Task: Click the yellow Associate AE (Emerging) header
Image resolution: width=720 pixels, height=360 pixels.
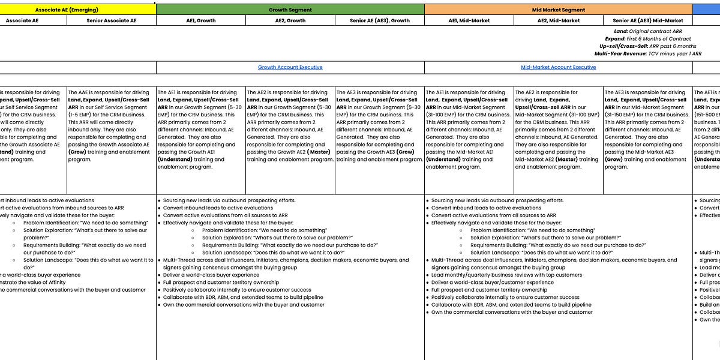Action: pos(67,10)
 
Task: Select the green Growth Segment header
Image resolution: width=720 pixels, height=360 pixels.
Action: pos(290,10)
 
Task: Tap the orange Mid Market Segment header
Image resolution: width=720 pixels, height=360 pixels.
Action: pos(558,10)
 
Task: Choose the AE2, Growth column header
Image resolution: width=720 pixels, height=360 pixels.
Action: pos(290,20)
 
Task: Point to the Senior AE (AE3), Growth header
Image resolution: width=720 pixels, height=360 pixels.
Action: pos(379,20)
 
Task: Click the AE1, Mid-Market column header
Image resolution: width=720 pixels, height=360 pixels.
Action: pos(469,20)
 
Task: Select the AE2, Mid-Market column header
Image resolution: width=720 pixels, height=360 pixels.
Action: pos(559,20)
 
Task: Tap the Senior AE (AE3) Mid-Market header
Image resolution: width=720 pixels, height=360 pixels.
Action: pos(648,20)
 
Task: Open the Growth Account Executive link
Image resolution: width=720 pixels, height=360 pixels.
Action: pos(290,67)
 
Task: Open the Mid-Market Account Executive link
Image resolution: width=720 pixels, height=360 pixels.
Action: pos(558,67)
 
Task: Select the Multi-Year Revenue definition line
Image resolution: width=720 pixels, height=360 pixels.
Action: pos(648,54)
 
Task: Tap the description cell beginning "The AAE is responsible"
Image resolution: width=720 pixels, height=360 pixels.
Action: pos(111,126)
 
